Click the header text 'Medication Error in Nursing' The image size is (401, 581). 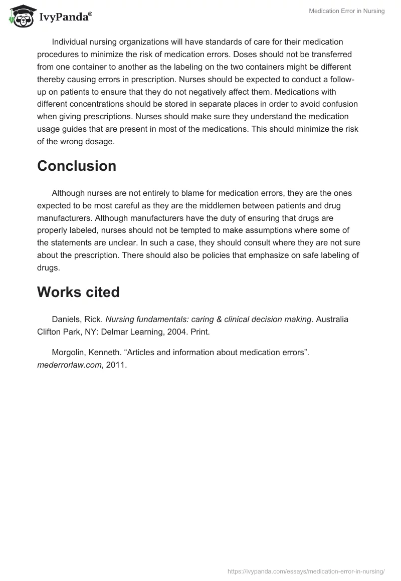click(347, 11)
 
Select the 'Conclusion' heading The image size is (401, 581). click(77, 166)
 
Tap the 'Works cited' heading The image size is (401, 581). click(78, 292)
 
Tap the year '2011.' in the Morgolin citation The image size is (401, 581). click(116, 365)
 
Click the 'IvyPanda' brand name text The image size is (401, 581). click(64, 18)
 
